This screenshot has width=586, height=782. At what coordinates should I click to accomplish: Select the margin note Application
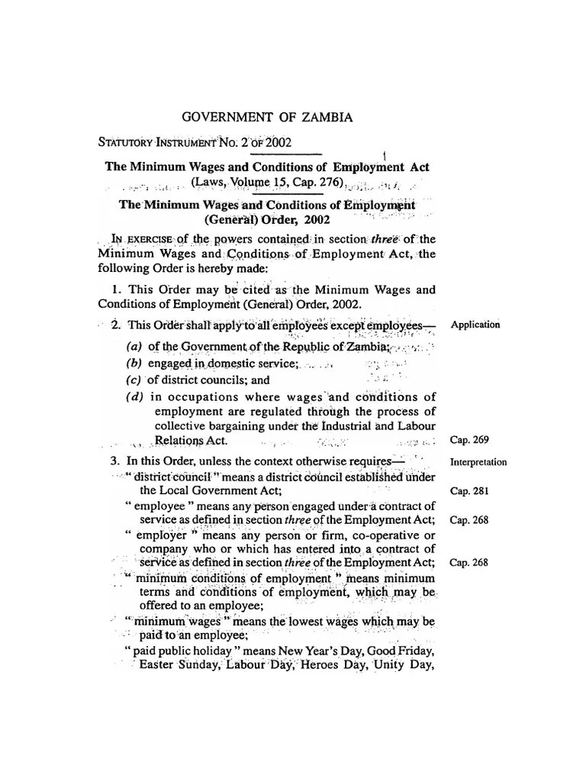[475, 325]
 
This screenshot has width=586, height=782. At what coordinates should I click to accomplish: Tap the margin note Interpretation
[478, 462]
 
